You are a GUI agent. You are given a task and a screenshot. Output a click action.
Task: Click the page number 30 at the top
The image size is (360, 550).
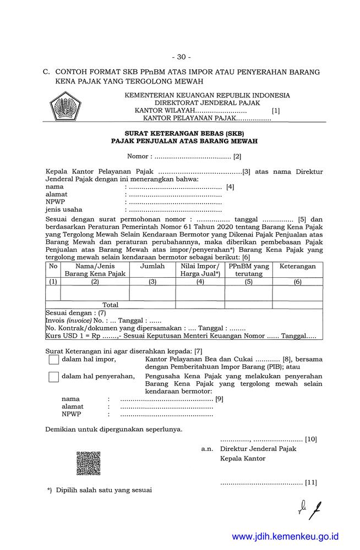[180, 57]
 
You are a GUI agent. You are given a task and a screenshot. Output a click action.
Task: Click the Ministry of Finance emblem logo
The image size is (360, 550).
[65, 107]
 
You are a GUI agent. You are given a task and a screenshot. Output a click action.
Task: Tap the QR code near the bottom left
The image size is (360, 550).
[88, 463]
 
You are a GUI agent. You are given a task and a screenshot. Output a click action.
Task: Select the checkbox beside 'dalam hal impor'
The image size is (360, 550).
[53, 360]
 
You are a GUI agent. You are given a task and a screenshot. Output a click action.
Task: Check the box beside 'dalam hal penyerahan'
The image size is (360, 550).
[53, 377]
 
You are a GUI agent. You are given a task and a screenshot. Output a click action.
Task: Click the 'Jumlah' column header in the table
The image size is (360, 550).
[152, 266]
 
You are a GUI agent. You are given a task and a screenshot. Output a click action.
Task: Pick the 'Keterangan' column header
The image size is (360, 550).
[297, 266]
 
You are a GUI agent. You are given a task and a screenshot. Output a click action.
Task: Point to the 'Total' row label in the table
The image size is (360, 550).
[110, 305]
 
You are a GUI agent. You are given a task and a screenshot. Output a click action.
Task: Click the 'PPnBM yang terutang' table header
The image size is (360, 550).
[248, 269]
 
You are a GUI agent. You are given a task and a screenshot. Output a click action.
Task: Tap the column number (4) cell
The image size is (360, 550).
[200, 282]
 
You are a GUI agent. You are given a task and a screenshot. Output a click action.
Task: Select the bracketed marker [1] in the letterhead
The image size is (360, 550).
[276, 111]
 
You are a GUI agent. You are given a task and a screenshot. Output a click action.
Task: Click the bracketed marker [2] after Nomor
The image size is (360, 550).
[237, 157]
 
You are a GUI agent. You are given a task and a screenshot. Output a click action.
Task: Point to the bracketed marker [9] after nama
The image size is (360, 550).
[219, 399]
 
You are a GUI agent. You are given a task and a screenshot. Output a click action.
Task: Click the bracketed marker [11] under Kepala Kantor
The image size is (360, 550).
[311, 482]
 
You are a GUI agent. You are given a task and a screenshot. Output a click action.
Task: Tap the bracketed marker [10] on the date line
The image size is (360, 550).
[311, 439]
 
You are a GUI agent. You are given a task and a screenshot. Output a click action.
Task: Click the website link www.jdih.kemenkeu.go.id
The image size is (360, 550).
[285, 536]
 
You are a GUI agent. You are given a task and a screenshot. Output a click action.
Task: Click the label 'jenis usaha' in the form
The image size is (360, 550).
[64, 210]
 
